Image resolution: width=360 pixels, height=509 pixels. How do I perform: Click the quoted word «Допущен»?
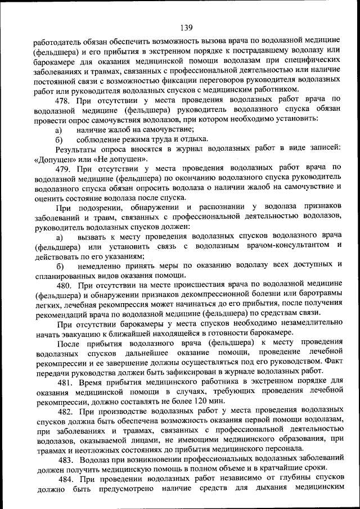(53, 158)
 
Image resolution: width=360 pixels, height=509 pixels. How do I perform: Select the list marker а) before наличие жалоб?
(58, 129)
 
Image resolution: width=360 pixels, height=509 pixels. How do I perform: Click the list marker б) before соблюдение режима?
(58, 139)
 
